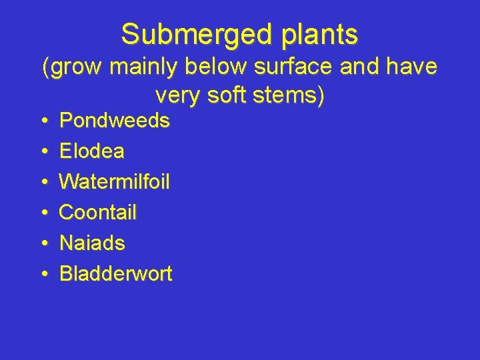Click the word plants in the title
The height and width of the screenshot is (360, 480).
[x=318, y=34]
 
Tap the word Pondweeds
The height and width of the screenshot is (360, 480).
[x=115, y=121]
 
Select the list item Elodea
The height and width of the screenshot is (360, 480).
[x=92, y=151]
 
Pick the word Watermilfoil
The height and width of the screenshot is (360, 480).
[x=115, y=182]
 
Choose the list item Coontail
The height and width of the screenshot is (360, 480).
[x=98, y=213]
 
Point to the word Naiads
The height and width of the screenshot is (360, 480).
[x=92, y=243]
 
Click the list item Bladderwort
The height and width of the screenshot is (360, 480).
[x=116, y=274]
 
